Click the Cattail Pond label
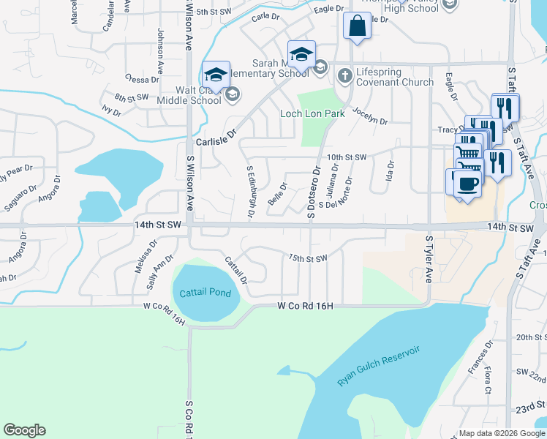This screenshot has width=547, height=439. (x=205, y=293)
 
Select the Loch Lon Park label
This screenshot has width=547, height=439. (x=312, y=114)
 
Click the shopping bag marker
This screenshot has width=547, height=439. (x=357, y=27)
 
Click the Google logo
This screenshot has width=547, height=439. (x=24, y=430)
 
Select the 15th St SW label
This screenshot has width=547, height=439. (x=307, y=258)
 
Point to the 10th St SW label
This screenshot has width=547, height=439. (x=346, y=157)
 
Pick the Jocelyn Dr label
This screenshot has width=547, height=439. (x=370, y=115)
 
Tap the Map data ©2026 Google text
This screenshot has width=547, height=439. (x=496, y=434)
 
